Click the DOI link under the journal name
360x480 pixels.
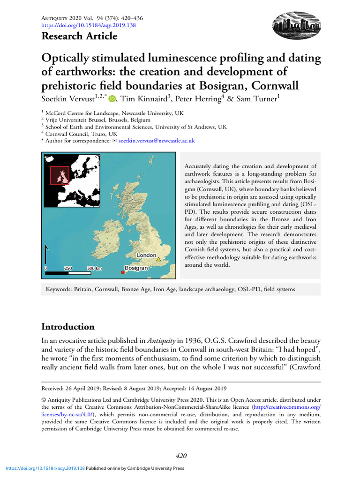(x=89, y=25)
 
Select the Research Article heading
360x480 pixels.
(x=79, y=36)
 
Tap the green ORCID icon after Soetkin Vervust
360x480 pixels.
(x=112, y=99)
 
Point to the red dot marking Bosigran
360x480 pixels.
(x=123, y=272)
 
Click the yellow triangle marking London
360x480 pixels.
(x=158, y=259)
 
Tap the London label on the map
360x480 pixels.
(x=146, y=255)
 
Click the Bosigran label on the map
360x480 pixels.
(x=136, y=268)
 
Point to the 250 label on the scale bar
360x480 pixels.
(x=68, y=268)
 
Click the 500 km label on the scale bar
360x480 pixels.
(x=95, y=268)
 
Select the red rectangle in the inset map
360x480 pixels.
(x=60, y=175)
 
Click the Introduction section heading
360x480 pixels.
(x=68, y=327)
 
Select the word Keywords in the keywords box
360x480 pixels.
(x=59, y=290)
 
